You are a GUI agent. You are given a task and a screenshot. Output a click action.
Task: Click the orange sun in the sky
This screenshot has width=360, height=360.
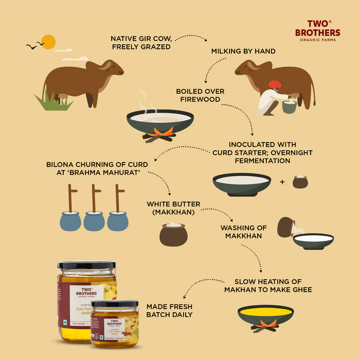click(x=48, y=42)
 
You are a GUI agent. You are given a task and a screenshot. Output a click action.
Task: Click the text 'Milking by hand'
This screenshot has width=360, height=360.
click(x=243, y=51)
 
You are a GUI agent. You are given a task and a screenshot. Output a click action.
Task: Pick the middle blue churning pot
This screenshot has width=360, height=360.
click(x=94, y=221)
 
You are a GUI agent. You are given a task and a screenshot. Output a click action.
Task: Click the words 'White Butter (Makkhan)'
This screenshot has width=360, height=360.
click(x=173, y=208)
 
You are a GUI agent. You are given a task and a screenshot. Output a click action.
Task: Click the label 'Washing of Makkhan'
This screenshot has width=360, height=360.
click(x=243, y=231)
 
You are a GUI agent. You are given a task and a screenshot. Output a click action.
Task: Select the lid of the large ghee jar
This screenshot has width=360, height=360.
click(x=86, y=265)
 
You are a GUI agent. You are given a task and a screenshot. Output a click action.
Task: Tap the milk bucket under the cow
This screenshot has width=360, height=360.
click(x=289, y=106)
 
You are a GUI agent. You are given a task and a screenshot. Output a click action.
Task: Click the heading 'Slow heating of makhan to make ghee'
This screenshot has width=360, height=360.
click(x=268, y=285)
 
